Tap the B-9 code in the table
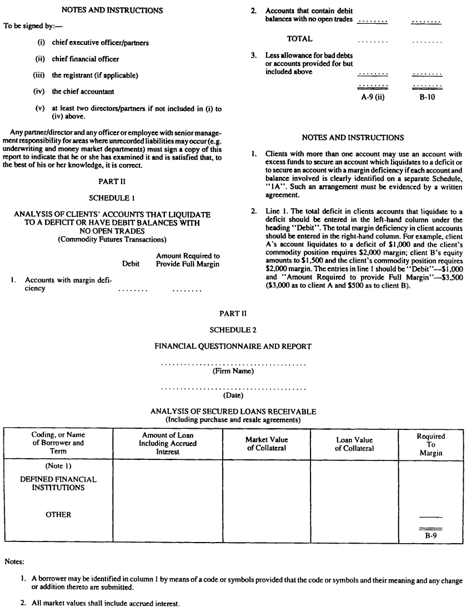(x=431, y=536)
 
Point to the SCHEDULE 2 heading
(x=233, y=330)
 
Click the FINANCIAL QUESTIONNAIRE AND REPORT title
(x=233, y=347)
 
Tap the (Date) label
(x=233, y=396)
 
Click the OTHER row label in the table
(x=58, y=514)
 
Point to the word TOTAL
(x=299, y=39)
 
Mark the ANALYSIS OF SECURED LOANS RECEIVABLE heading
(x=233, y=412)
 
